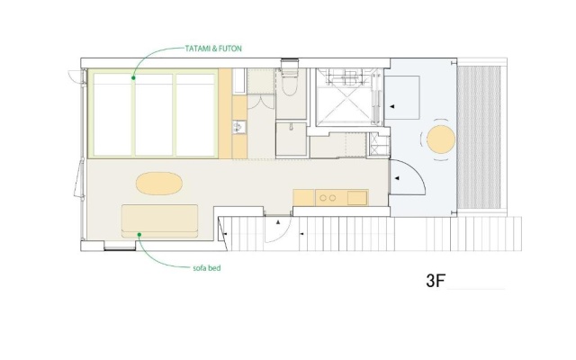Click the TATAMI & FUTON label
(213, 49)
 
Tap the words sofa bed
(207, 268)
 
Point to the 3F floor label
(436, 281)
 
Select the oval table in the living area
(159, 184)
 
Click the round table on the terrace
(441, 139)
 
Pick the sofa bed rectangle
(159, 220)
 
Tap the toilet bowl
(289, 84)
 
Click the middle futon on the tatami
(154, 115)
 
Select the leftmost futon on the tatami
(112, 115)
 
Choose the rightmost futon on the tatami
(195, 115)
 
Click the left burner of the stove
(323, 198)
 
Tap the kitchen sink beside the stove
(357, 198)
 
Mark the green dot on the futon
(133, 78)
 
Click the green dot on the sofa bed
(139, 234)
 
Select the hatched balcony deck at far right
(479, 138)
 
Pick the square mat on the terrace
(402, 97)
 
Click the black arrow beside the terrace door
(397, 178)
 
